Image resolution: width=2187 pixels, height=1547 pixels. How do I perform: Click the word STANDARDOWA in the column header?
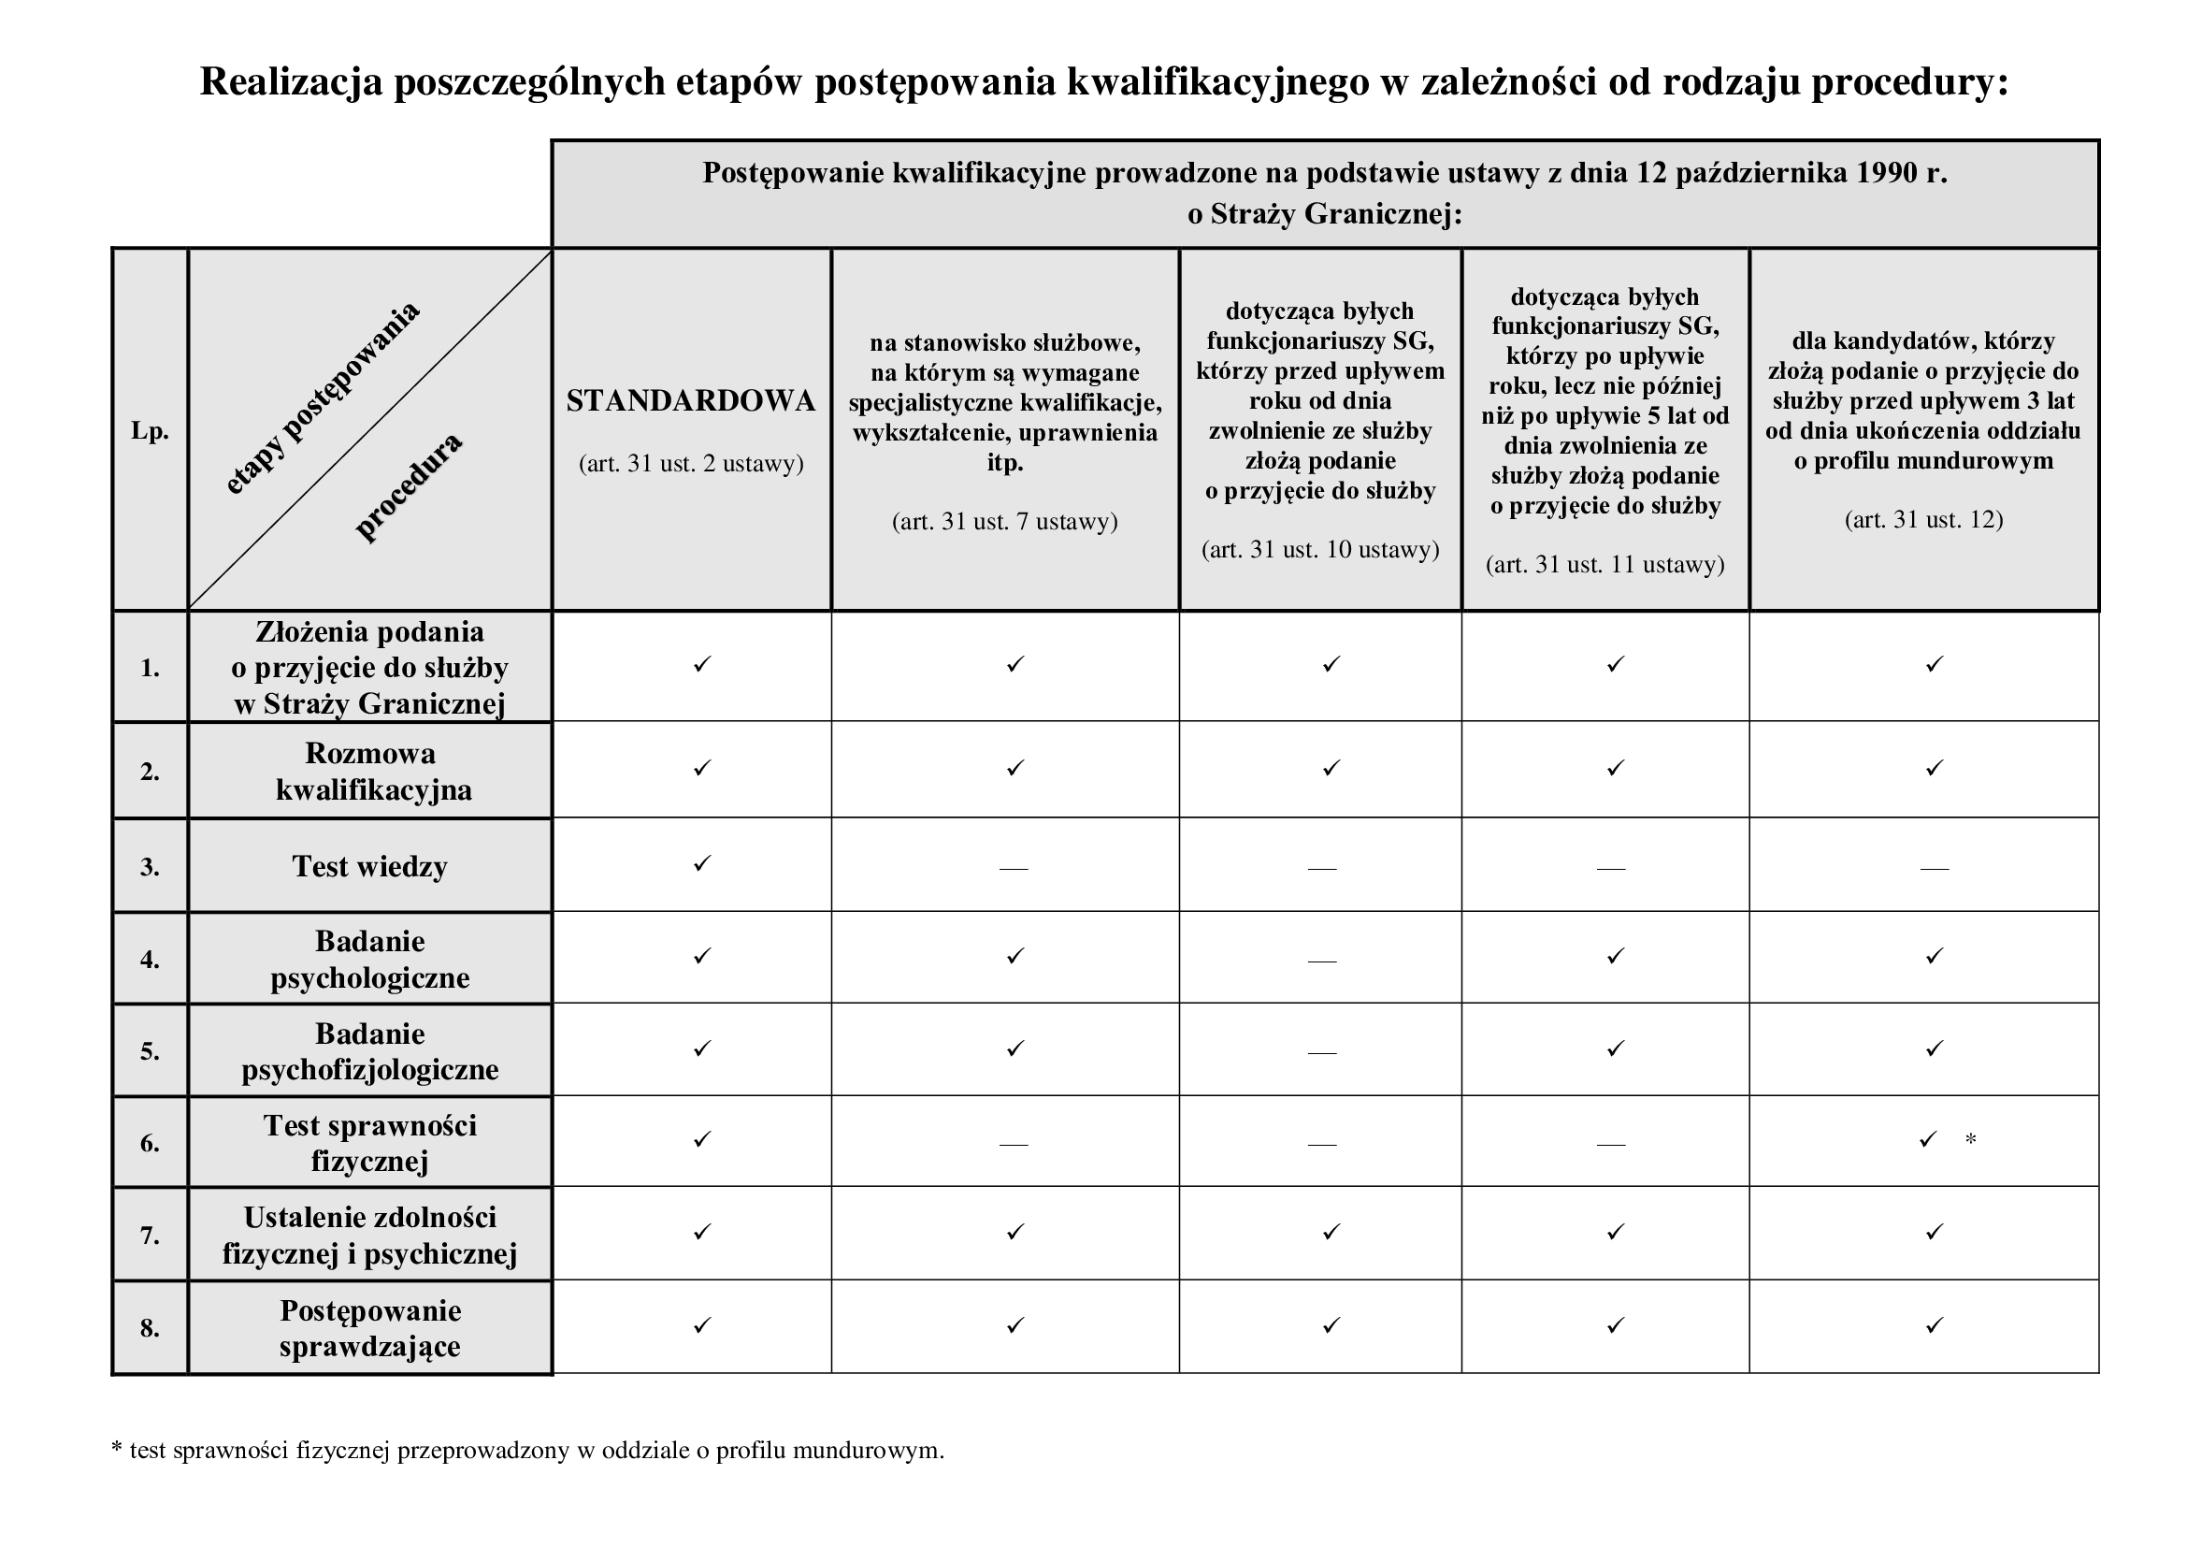click(691, 401)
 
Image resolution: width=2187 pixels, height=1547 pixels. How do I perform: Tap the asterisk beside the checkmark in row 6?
click(1971, 1139)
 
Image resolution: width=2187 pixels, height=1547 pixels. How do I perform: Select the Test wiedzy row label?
click(369, 866)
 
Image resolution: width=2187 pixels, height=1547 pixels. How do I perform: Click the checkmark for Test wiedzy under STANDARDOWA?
click(702, 863)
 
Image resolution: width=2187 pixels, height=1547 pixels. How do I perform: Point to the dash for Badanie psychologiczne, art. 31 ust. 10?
click(1322, 961)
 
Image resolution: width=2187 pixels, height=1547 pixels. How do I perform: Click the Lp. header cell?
click(151, 430)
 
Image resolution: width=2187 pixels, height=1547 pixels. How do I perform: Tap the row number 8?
click(150, 1328)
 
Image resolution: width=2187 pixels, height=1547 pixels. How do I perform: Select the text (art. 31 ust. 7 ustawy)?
click(1005, 521)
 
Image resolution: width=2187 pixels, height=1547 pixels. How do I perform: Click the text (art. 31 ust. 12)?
click(1923, 519)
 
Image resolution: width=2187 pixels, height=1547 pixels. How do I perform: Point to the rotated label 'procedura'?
click(409, 486)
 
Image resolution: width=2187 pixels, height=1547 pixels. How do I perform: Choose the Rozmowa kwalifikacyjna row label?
click(370, 771)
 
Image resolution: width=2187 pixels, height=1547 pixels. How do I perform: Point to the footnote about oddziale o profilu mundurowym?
click(527, 1450)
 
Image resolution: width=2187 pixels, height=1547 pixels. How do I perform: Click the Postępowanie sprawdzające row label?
click(370, 1328)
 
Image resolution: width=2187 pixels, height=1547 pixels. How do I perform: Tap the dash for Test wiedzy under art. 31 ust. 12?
click(1934, 868)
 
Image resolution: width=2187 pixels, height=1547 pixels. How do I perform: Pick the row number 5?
click(150, 1050)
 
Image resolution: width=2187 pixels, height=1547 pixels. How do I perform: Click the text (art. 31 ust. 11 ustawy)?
click(1605, 564)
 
